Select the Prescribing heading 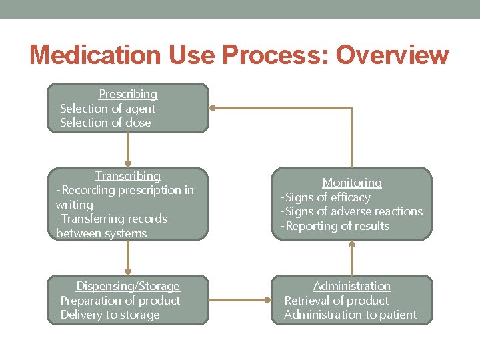click(128, 94)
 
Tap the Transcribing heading click(128, 176)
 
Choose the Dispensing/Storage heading click(128, 286)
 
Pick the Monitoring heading click(352, 183)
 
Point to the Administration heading click(352, 286)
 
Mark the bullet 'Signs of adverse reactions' click(351, 211)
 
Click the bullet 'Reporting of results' click(335, 226)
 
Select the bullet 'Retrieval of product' click(334, 301)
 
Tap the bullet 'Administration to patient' click(348, 315)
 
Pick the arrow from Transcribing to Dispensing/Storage click(128, 258)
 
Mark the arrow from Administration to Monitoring click(352, 258)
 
